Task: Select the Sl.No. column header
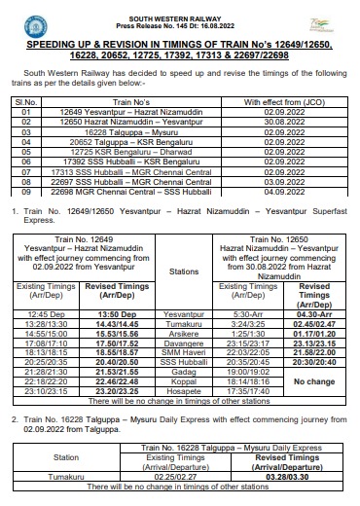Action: pos(25,101)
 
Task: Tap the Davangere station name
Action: pos(183,343)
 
